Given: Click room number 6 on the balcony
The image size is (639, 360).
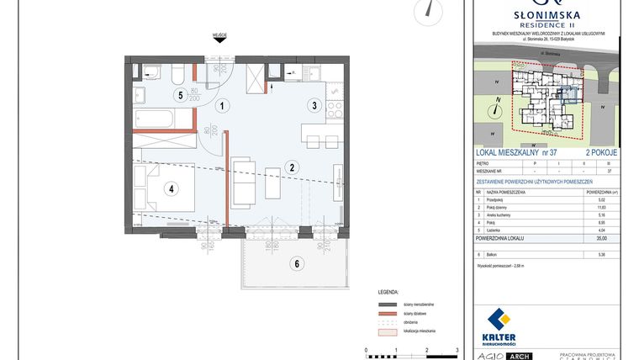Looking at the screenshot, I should click(x=296, y=263).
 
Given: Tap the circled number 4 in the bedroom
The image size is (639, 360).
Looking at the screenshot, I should click(x=172, y=188).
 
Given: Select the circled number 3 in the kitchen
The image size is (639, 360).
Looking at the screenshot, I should click(x=314, y=106).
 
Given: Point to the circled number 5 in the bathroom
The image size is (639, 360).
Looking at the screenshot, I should click(x=179, y=95).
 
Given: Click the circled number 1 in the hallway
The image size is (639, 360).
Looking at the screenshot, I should click(x=222, y=106).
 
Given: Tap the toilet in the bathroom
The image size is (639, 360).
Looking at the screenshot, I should click(x=179, y=71).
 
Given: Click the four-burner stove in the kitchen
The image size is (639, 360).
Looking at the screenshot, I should click(x=334, y=109).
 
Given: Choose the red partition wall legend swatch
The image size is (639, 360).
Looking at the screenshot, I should click(x=386, y=312).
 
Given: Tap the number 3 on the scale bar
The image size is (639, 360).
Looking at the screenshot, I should click(x=457, y=349).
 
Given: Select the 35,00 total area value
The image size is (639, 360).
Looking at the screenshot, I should click(x=601, y=238).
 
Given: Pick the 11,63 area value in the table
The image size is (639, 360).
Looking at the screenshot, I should click(x=601, y=206).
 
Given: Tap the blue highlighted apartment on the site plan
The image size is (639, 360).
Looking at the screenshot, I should click(x=568, y=95).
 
